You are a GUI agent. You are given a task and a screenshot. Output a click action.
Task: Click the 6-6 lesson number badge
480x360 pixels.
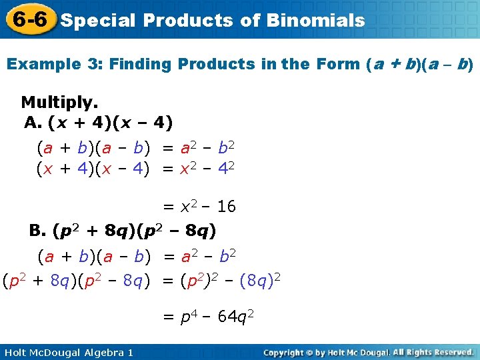[x=29, y=19]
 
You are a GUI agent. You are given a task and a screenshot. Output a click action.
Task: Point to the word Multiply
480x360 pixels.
[x=59, y=103]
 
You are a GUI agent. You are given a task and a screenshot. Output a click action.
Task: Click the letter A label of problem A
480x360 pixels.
[x=32, y=123]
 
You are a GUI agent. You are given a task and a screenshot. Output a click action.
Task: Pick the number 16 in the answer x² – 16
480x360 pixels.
[x=226, y=207]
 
